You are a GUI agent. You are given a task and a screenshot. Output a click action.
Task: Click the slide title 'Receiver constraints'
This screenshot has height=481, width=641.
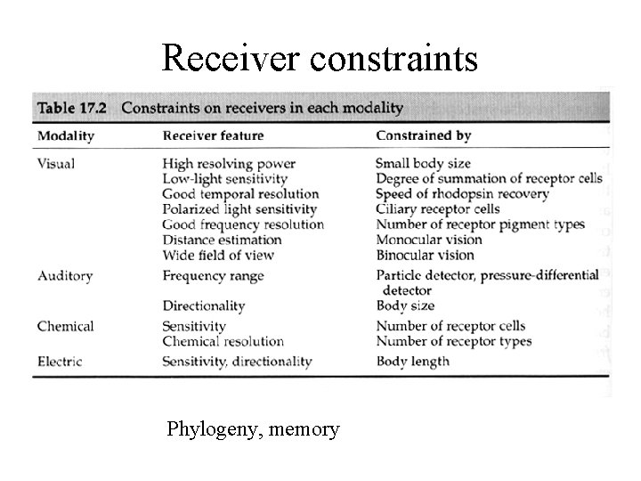320,58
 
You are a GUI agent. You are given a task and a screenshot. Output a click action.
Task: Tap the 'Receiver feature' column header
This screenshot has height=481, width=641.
215,136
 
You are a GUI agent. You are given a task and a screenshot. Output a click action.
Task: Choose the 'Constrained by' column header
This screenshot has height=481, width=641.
424,136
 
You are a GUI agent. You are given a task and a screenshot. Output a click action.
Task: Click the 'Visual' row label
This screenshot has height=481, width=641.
56,164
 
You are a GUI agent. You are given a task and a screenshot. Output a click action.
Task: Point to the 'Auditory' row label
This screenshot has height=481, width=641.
65,276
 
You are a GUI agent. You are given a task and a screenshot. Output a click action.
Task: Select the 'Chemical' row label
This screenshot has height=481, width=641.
65,326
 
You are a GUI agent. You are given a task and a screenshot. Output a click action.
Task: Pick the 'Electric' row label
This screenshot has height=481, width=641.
61,361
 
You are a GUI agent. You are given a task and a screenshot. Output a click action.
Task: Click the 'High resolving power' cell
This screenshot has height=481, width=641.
229,164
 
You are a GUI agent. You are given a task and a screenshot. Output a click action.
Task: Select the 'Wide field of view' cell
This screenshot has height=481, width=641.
218,255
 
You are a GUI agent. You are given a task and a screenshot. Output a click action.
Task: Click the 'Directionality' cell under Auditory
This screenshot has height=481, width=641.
203,306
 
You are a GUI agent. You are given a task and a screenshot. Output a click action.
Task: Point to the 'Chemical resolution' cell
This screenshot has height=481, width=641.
223,341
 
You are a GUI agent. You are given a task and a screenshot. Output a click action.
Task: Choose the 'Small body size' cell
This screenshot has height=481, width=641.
423,164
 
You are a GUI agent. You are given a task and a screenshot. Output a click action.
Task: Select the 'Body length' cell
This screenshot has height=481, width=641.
413,361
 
